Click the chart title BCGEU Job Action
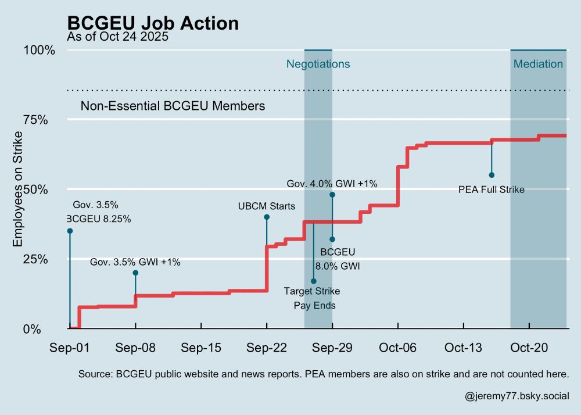tap(153, 23)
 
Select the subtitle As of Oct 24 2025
tap(117, 38)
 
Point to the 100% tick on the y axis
tap(40, 50)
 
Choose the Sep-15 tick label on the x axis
tap(200, 348)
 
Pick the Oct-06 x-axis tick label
tap(398, 348)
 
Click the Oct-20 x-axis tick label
tap(529, 348)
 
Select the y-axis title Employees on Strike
tap(19, 189)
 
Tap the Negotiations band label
tap(318, 64)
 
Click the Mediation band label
tap(538, 64)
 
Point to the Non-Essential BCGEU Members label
tap(173, 106)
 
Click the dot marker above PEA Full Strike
tap(492, 175)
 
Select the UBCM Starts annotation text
tap(267, 206)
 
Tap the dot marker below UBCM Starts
tap(267, 217)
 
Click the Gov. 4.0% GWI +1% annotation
tap(332, 184)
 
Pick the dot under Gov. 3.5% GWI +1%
tap(135, 273)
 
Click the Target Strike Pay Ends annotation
tap(313, 298)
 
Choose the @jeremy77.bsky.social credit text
tap(517, 396)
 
